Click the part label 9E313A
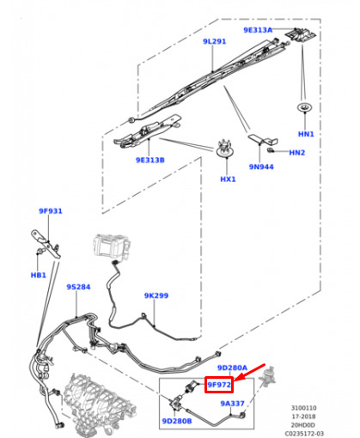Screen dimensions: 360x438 click(258, 30)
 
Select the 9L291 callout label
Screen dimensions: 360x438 click(214, 41)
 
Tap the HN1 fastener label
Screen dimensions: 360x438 click(306, 134)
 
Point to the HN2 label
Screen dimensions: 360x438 click(296, 153)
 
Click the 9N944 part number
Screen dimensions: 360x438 click(261, 167)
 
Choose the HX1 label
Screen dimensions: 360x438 click(228, 179)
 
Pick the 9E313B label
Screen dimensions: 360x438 click(150, 160)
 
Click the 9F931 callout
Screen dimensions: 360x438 click(51, 211)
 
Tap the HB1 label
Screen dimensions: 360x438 click(38, 275)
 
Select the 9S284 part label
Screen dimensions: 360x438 click(78, 287)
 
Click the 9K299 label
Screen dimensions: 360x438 click(156, 295)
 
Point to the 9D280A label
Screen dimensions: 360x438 click(232, 368)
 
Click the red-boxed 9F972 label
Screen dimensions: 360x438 click(219, 385)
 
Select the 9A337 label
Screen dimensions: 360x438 click(232, 404)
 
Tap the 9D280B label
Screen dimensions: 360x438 click(177, 421)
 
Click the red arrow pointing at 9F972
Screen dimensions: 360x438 click(250, 372)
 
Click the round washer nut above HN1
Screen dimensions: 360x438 click(304, 107)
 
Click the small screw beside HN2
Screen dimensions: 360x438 click(270, 150)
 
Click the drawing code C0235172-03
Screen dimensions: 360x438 click(304, 434)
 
